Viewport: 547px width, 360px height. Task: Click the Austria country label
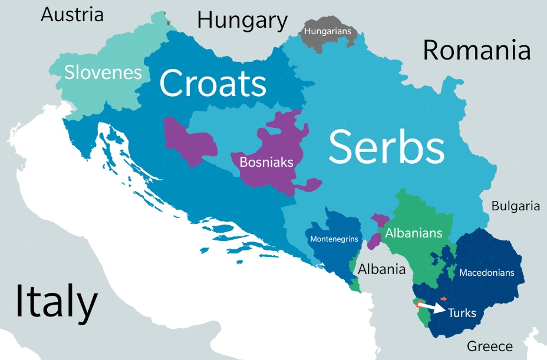pyautogui.click(x=72, y=15)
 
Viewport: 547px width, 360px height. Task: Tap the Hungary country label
pyautogui.click(x=242, y=21)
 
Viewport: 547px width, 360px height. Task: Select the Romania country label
pyautogui.click(x=476, y=51)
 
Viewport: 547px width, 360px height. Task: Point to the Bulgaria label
pyautogui.click(x=515, y=206)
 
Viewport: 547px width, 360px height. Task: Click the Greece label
pyautogui.click(x=489, y=346)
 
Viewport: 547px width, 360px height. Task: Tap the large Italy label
pyautogui.click(x=56, y=302)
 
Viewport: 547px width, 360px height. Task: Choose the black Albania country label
pyautogui.click(x=382, y=269)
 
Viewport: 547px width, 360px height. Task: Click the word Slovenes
pyautogui.click(x=103, y=72)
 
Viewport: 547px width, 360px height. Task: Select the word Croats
pyautogui.click(x=212, y=83)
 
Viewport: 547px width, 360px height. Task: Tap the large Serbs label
pyautogui.click(x=386, y=147)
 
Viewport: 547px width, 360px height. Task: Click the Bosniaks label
pyautogui.click(x=266, y=162)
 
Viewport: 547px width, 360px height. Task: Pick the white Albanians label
pyautogui.click(x=413, y=233)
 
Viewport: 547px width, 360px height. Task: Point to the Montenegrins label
pyautogui.click(x=334, y=240)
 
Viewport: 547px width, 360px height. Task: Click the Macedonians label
pyautogui.click(x=486, y=273)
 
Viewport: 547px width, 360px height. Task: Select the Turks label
pyautogui.click(x=462, y=313)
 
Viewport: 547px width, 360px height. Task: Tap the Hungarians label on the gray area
pyautogui.click(x=327, y=31)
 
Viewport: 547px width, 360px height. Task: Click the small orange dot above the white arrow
pyautogui.click(x=444, y=299)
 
